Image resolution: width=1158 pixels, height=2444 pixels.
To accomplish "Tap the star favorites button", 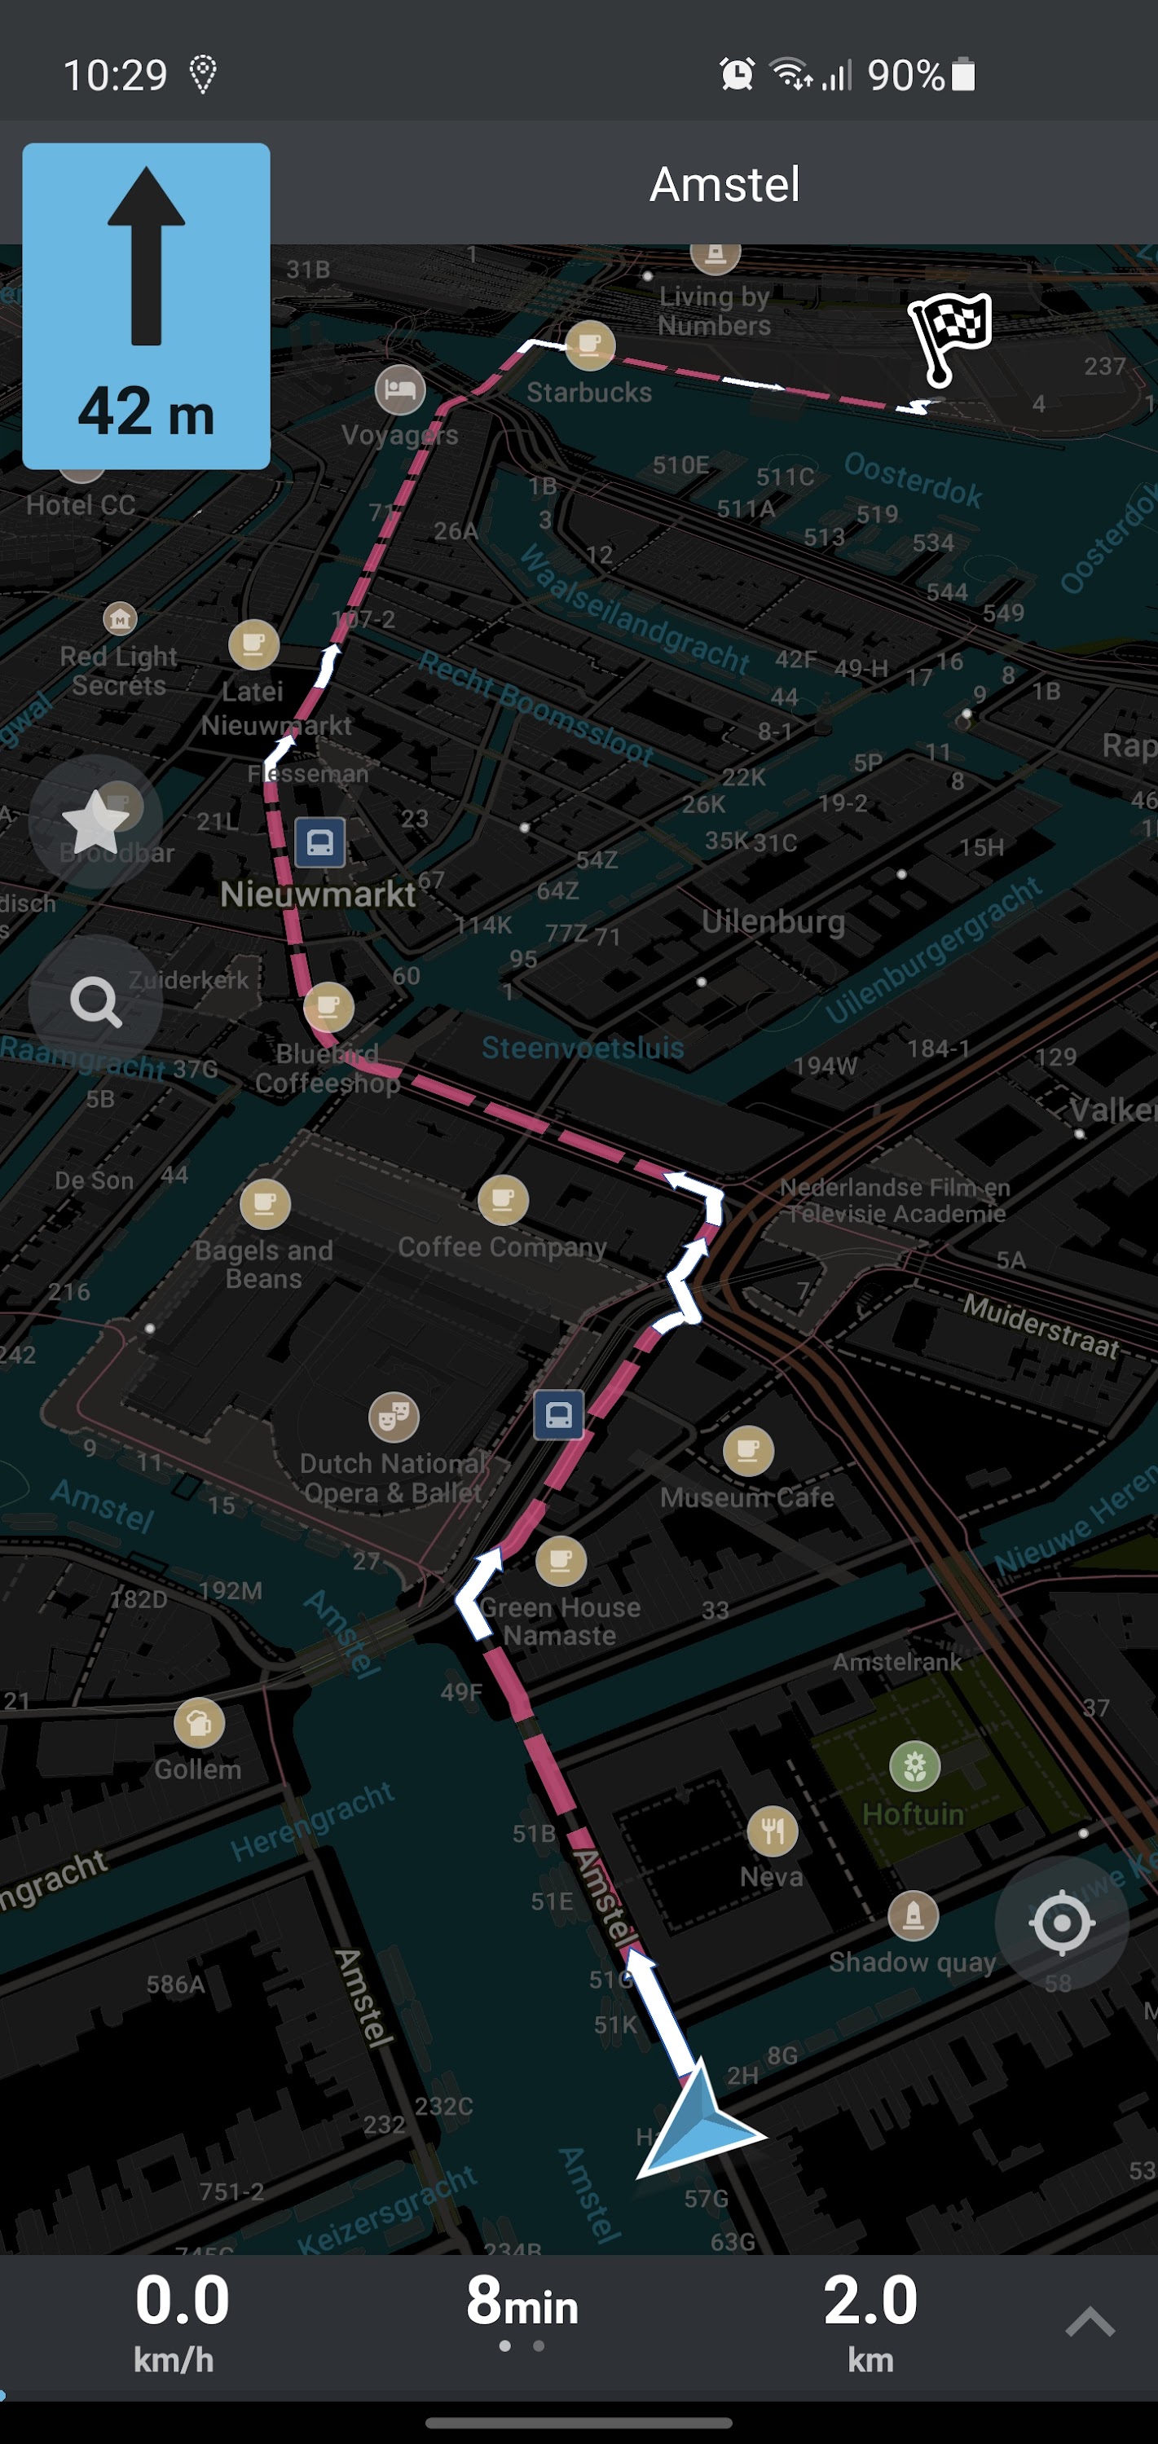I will [95, 823].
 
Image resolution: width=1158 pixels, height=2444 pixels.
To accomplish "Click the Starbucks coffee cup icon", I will [589, 345].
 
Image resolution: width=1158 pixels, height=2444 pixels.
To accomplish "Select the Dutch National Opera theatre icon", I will [394, 1418].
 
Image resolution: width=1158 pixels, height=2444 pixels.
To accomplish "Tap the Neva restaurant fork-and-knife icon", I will [773, 1831].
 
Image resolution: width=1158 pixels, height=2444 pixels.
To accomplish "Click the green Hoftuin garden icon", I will [915, 1765].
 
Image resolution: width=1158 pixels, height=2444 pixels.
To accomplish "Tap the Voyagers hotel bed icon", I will [399, 389].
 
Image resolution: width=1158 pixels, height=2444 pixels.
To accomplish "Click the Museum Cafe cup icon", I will [748, 1451].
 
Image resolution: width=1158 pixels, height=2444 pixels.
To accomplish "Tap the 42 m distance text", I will [146, 413].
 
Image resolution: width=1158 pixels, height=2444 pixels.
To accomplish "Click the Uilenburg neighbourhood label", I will [773, 922].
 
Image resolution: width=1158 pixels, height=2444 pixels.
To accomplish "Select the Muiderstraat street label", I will [1041, 1325].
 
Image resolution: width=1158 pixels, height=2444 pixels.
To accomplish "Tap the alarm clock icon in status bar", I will [737, 74].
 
